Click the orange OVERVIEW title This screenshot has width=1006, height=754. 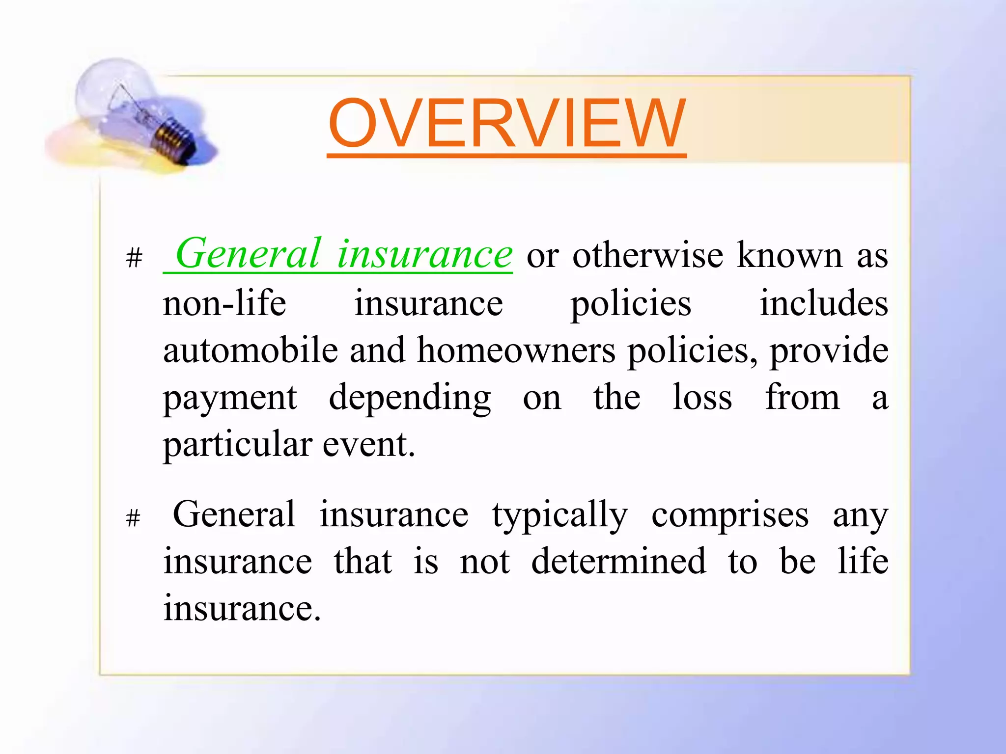[506, 123]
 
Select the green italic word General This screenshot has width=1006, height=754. [248, 254]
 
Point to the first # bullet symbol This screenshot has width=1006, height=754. [134, 257]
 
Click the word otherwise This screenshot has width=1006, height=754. [647, 256]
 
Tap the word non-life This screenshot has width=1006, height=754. [224, 303]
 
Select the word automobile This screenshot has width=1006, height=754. [251, 350]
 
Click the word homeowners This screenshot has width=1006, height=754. [516, 350]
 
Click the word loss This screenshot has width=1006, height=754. [702, 397]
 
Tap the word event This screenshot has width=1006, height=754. [368, 444]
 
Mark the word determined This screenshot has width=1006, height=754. [618, 561]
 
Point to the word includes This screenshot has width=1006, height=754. [824, 303]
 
